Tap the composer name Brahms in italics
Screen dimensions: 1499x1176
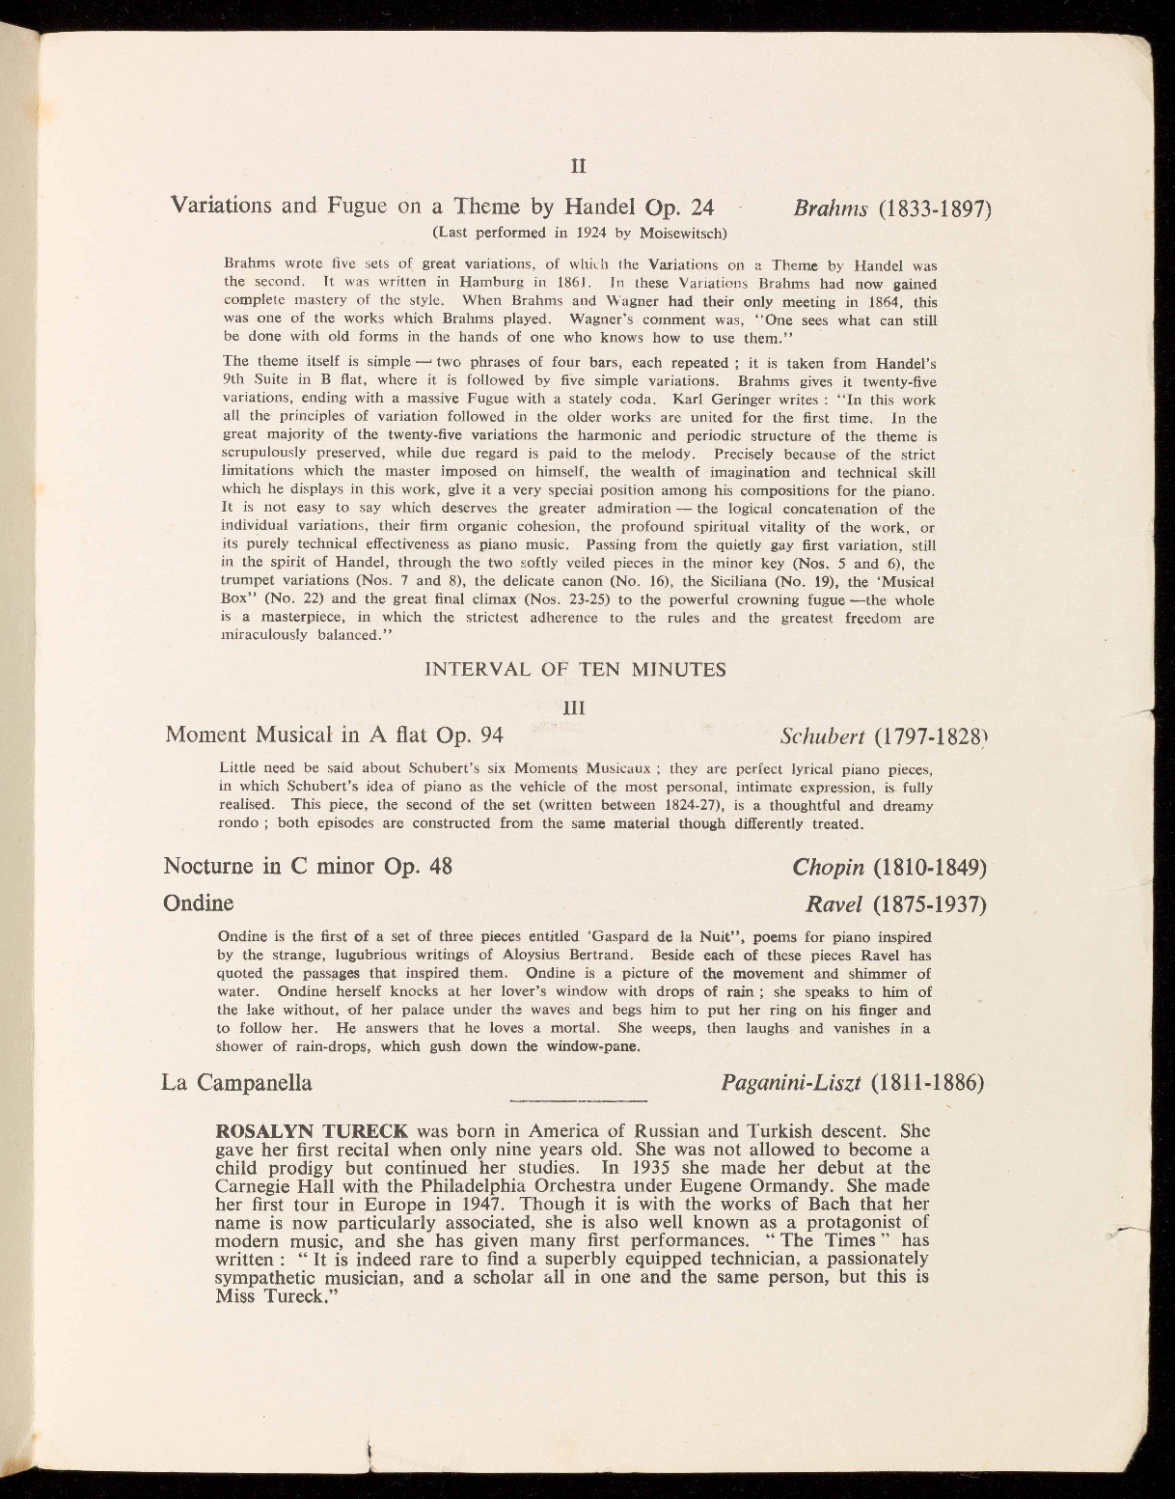[x=831, y=209]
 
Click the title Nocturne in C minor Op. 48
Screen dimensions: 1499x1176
[x=308, y=865]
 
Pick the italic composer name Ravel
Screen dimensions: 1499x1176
[x=834, y=905]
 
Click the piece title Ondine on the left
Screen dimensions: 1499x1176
[x=199, y=904]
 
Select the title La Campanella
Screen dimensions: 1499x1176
[x=237, y=1083]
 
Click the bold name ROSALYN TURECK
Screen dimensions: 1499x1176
[x=314, y=1130]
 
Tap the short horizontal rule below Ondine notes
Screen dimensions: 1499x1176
[x=576, y=1101]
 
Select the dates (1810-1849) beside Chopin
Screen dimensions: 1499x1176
[x=929, y=866]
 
